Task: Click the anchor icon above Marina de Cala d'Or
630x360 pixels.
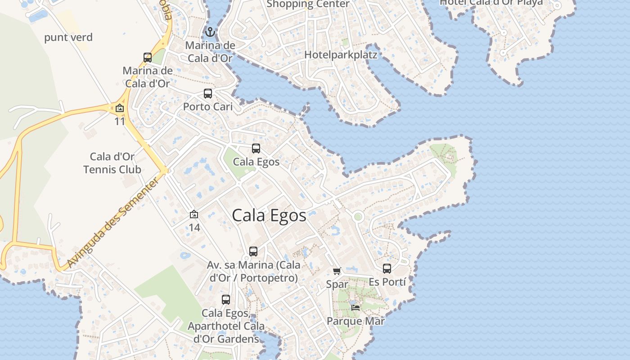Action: tap(209, 32)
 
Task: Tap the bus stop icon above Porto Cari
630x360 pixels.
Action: tap(207, 94)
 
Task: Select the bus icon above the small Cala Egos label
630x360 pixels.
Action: tap(256, 148)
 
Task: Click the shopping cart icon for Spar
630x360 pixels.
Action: tap(337, 270)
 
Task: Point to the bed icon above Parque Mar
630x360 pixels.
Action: tap(355, 308)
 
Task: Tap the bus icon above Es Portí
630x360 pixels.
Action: tap(387, 269)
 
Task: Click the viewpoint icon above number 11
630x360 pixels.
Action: tap(120, 108)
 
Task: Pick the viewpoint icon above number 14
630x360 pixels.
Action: tap(194, 214)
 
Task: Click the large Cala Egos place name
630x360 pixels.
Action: tap(269, 216)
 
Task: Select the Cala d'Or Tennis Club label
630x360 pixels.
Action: tap(112, 163)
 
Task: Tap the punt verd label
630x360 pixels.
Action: tap(68, 37)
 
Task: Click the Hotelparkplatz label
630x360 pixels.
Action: tap(341, 54)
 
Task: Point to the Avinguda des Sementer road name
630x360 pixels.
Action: tap(113, 222)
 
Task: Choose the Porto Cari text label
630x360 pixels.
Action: tap(208, 107)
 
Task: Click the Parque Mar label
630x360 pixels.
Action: tap(355, 321)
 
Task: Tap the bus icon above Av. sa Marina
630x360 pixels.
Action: tap(253, 252)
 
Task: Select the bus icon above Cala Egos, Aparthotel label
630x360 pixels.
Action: tap(226, 299)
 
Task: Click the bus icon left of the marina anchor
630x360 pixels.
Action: tap(148, 58)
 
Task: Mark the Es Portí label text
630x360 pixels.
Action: tap(387, 282)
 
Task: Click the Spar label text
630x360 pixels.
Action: tap(337, 284)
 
